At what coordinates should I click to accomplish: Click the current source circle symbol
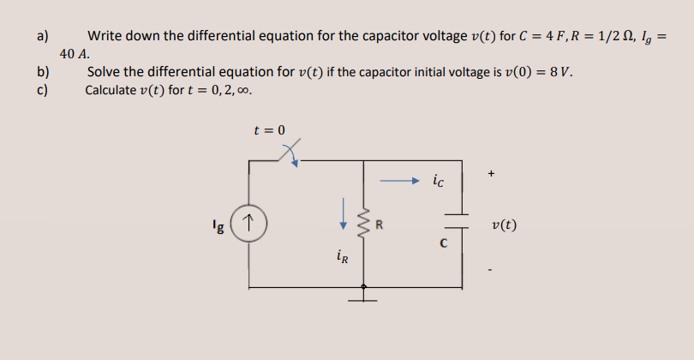249,225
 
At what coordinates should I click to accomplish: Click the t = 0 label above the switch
270,130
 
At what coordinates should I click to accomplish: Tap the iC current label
439,181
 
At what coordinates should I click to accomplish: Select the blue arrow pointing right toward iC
398,181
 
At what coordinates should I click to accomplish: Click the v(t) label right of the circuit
505,226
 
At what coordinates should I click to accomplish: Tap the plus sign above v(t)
491,175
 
